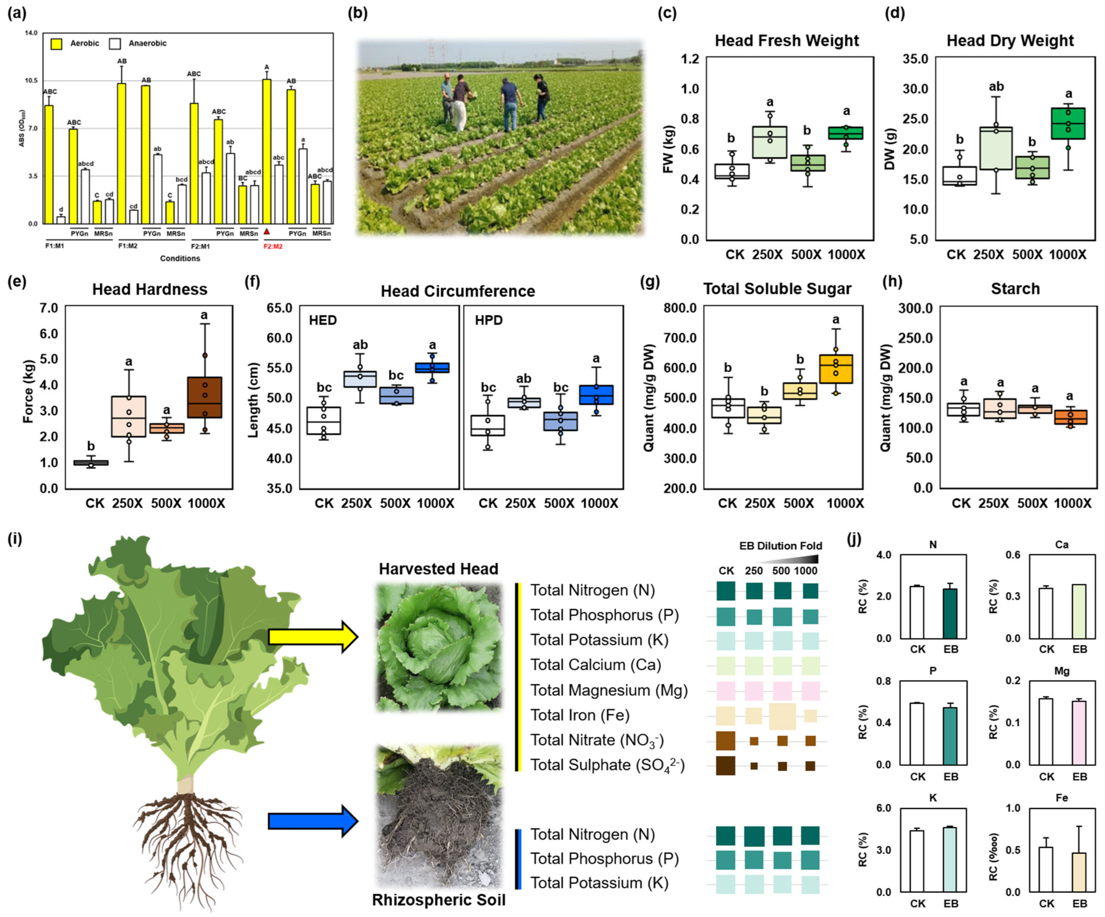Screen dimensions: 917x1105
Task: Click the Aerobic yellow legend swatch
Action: [56, 44]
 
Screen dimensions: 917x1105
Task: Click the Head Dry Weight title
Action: [1010, 41]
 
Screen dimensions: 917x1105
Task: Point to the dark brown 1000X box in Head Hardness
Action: [205, 397]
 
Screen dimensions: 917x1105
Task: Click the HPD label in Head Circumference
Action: [488, 320]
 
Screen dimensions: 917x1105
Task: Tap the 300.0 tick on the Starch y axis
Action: [915, 308]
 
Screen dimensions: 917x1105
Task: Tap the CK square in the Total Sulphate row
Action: [726, 766]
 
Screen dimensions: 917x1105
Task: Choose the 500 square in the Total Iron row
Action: [782, 716]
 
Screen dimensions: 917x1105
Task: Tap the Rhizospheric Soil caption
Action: [438, 900]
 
